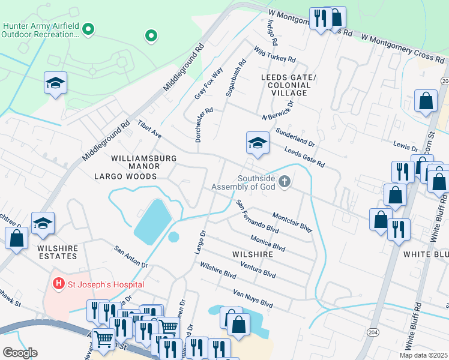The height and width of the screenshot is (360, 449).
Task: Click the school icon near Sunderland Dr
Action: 257,143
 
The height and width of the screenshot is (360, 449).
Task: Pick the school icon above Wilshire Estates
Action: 43,224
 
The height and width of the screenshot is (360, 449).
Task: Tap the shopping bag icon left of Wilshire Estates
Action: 17,238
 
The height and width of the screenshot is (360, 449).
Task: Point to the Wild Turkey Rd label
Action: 274,55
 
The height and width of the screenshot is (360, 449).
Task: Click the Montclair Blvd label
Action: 292,223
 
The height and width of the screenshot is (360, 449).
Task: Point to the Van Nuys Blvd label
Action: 252,298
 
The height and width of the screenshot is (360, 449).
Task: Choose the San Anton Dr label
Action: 130,256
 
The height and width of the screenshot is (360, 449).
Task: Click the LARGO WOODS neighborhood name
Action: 125,176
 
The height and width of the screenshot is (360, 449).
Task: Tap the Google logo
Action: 20,353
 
